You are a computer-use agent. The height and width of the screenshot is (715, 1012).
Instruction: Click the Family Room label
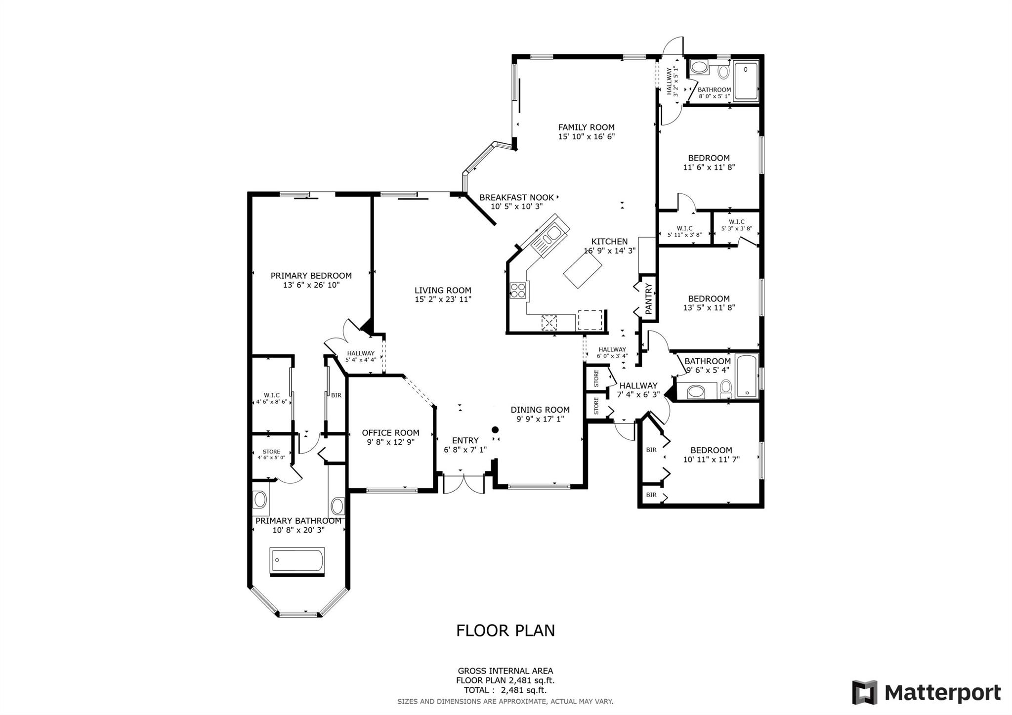click(x=586, y=127)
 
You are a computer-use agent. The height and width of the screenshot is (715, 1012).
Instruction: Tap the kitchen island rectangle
click(x=583, y=271)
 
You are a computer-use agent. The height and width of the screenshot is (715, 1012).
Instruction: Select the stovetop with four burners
click(x=519, y=291)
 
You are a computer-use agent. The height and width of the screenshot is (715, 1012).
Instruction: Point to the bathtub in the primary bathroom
click(x=297, y=560)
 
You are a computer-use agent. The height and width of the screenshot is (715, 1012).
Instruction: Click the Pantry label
click(x=649, y=298)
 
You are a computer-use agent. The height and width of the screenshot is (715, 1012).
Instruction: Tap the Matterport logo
click(x=927, y=692)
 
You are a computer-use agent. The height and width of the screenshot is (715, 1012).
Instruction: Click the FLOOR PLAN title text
click(x=506, y=631)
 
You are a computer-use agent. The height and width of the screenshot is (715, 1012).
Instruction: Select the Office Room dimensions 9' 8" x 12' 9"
click(x=390, y=442)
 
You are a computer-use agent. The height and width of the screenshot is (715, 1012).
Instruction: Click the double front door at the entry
click(x=464, y=484)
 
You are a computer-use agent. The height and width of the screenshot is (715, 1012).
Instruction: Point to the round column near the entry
click(x=495, y=429)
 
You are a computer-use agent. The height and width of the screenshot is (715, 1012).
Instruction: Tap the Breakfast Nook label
click(x=516, y=198)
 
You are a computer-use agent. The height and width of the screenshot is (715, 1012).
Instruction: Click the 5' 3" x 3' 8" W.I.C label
click(x=736, y=225)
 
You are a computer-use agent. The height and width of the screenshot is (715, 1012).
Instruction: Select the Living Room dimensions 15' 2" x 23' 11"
click(x=443, y=299)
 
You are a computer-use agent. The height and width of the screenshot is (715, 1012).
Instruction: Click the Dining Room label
click(x=540, y=410)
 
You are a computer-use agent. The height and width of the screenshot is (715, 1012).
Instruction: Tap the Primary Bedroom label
click(x=311, y=276)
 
